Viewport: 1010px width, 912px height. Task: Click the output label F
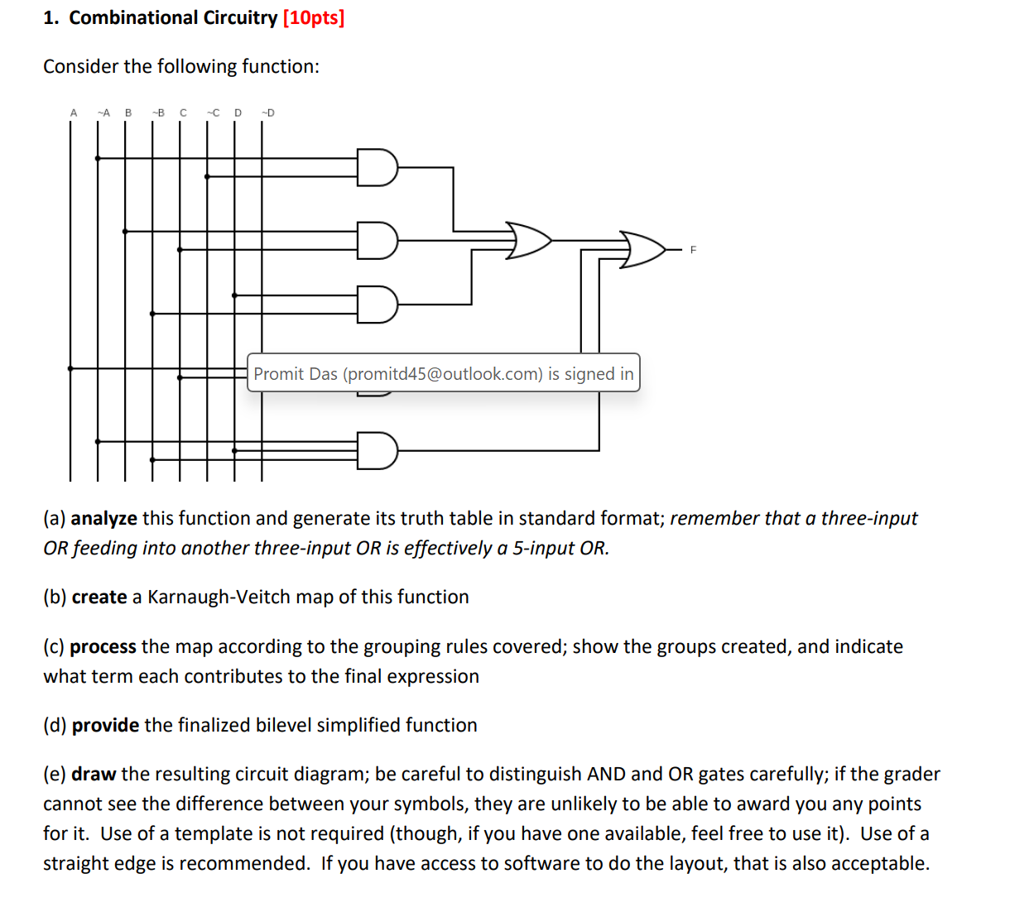[694, 250]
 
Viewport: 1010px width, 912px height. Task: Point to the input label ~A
[103, 113]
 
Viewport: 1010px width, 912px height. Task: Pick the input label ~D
[267, 113]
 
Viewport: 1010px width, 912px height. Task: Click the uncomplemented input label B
[128, 113]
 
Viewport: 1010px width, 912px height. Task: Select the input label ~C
[213, 113]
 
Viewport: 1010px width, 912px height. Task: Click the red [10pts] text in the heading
[314, 17]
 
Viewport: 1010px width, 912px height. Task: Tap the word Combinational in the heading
[133, 17]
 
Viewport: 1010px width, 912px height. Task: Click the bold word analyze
[104, 518]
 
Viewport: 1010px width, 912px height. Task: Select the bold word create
[99, 597]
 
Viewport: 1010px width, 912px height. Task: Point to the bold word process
[103, 646]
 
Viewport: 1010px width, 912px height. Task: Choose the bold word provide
[105, 725]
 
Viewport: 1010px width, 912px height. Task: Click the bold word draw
[94, 774]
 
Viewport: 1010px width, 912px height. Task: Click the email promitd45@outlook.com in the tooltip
[443, 373]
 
